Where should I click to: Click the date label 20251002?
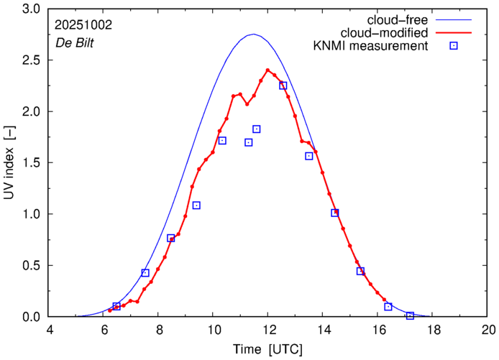(x=83, y=24)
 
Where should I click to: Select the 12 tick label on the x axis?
(x=268, y=331)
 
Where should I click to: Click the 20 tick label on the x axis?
(x=488, y=331)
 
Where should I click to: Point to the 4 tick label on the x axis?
(x=49, y=331)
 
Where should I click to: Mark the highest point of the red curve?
(x=267, y=70)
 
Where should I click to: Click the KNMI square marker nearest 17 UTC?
(x=410, y=315)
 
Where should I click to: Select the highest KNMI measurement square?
(x=283, y=86)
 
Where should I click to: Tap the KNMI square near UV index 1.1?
(x=196, y=206)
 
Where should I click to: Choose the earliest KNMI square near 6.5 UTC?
(x=116, y=306)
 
